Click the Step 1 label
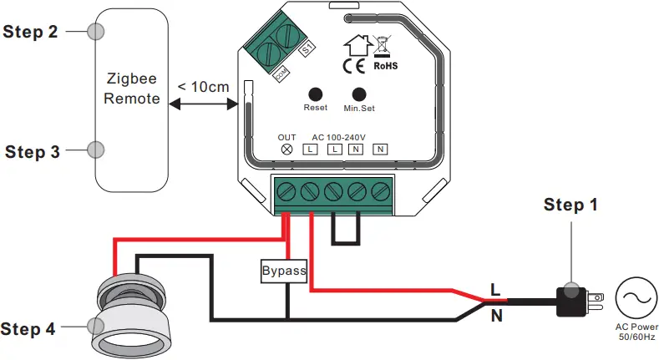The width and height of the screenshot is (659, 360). tap(570, 205)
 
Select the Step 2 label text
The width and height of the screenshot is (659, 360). tap(31, 32)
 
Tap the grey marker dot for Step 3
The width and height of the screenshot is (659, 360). tap(96, 150)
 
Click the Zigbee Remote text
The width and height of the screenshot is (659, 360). tap(133, 89)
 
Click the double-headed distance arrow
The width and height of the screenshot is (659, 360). tap(204, 104)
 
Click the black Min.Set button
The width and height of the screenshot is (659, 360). tap(360, 94)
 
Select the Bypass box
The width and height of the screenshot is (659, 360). tap(284, 271)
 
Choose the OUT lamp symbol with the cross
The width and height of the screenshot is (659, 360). tap(286, 149)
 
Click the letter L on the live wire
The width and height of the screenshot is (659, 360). tap(494, 290)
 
